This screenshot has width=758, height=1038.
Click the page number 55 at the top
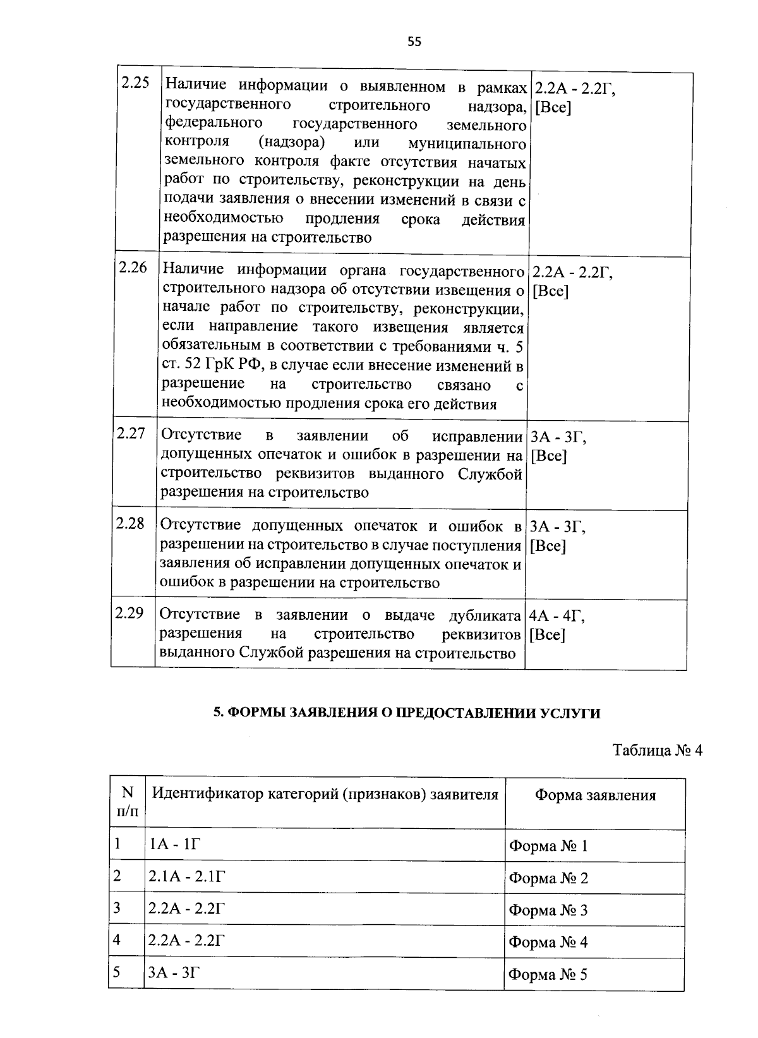[x=414, y=42]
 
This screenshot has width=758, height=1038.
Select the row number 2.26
[x=133, y=267]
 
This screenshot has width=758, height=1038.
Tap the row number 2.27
[x=131, y=433]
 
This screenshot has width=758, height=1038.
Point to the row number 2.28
[x=130, y=523]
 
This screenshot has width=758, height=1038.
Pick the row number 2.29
[x=129, y=613]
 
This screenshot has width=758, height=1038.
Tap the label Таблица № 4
[x=658, y=750]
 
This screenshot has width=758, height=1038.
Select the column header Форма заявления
[x=595, y=795]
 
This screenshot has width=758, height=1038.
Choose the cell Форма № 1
[x=548, y=847]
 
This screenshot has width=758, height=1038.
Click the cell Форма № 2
[x=548, y=878]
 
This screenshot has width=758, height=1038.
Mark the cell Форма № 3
[x=548, y=910]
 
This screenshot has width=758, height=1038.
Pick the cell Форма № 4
[x=548, y=943]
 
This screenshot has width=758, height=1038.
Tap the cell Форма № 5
[x=548, y=975]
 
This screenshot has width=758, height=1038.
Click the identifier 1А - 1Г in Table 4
[x=174, y=844]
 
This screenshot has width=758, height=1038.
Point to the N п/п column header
[x=127, y=801]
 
